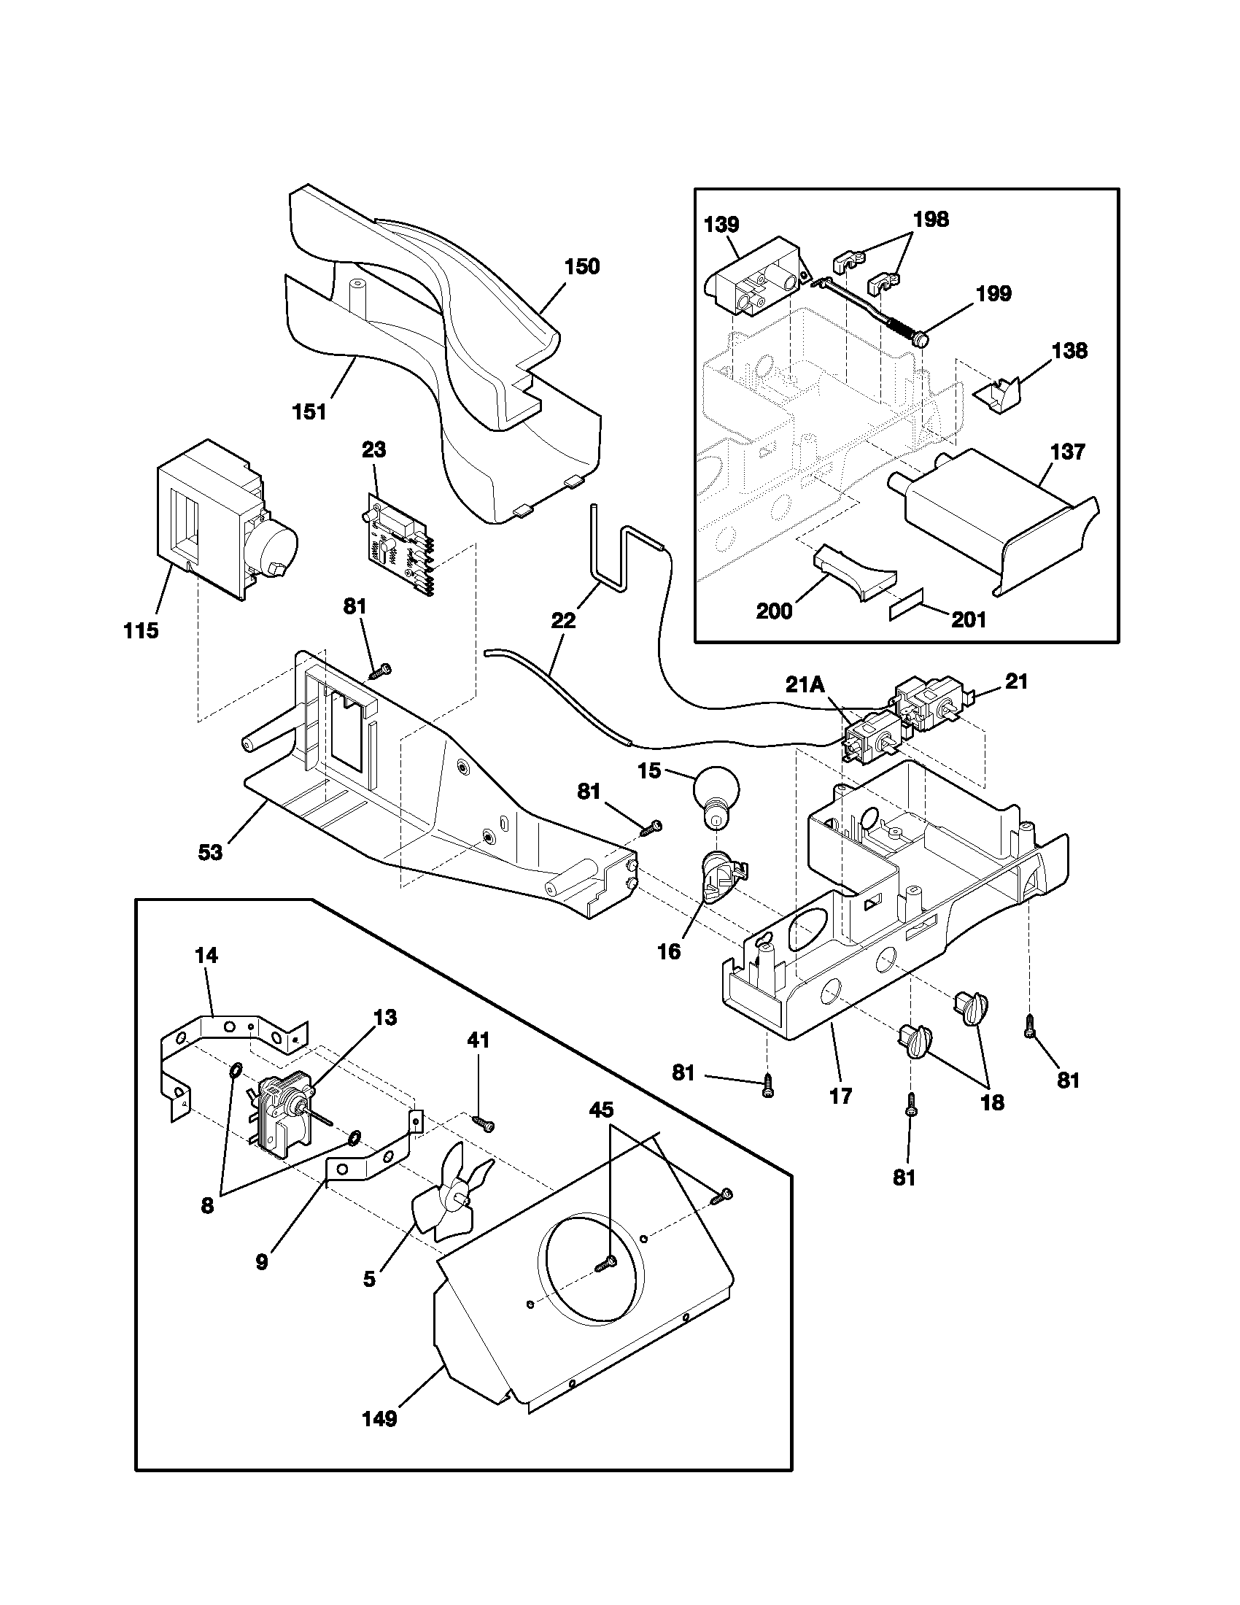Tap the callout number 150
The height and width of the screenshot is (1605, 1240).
point(581,266)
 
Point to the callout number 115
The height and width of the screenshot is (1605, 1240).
point(140,630)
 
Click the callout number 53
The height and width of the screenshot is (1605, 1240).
point(209,854)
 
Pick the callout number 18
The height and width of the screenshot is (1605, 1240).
point(992,1102)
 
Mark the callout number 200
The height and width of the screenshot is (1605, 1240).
point(773,611)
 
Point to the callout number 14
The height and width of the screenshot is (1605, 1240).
point(206,956)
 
